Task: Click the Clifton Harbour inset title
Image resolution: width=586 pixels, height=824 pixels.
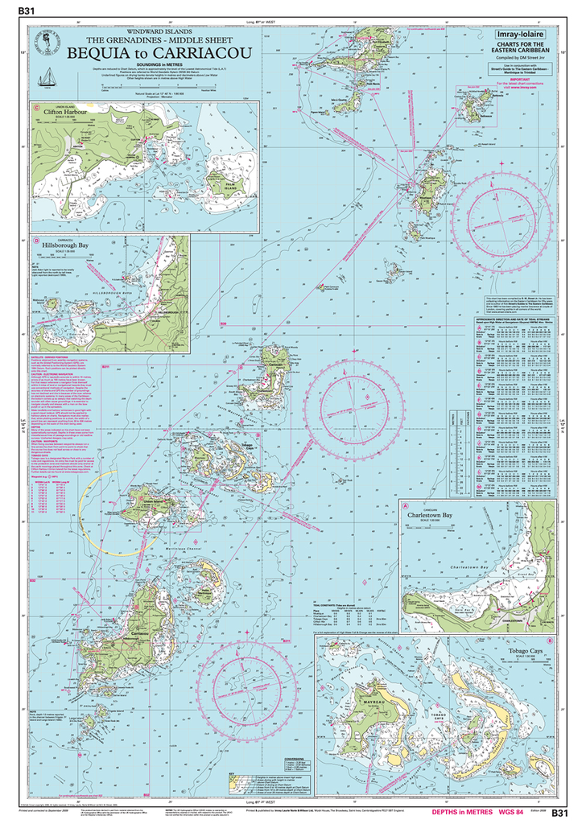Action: point(60,113)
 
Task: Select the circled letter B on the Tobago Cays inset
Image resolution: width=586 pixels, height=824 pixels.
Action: point(324,646)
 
